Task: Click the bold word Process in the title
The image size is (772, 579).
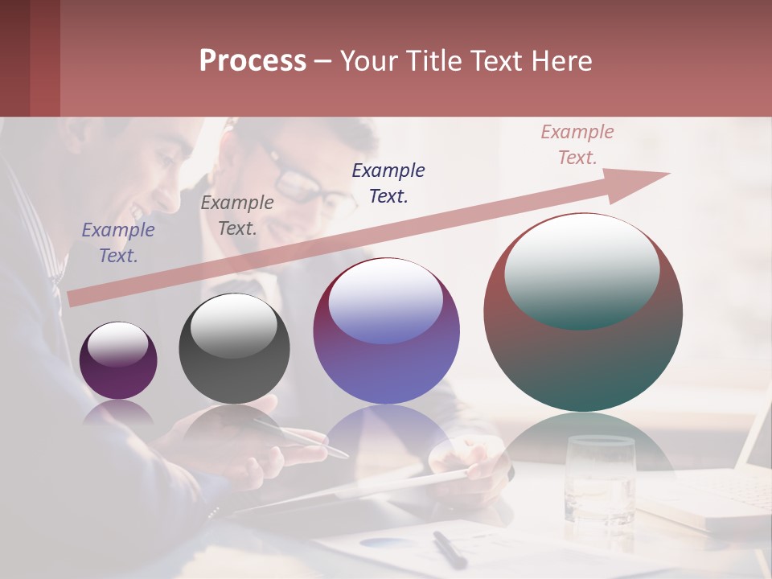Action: [x=253, y=61]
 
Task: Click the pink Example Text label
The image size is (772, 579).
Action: [x=577, y=145]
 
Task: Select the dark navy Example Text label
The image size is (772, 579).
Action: [x=388, y=183]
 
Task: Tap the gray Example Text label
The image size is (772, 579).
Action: [x=237, y=215]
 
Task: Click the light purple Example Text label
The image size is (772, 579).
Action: [x=118, y=242]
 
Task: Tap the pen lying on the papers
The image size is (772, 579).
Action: [x=449, y=549]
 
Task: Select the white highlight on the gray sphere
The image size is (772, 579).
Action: [x=234, y=326]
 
